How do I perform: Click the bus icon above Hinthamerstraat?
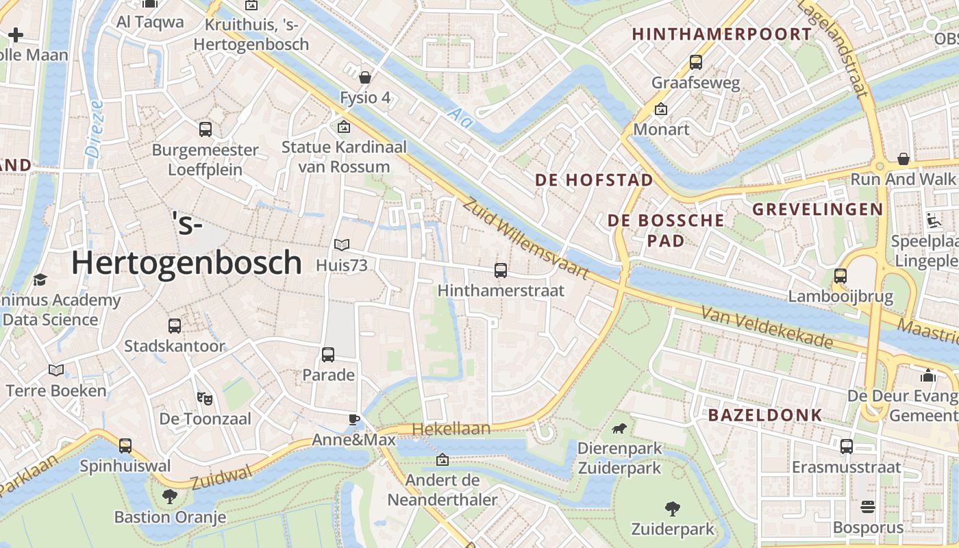tap(501, 270)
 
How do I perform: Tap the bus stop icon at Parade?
tap(328, 355)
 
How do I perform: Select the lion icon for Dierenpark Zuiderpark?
tap(619, 429)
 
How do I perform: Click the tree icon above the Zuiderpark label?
tap(672, 508)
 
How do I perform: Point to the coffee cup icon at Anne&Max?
tap(353, 419)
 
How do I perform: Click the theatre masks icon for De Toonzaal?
tap(203, 397)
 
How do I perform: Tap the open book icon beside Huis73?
tap(341, 245)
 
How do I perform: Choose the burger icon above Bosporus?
tap(868, 508)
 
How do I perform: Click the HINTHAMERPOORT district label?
tap(721, 34)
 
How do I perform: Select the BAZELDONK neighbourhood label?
tap(764, 414)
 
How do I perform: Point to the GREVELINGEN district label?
tap(818, 209)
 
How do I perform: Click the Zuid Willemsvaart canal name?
tap(525, 238)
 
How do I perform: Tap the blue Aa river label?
tap(462, 117)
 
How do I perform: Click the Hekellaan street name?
tap(456, 429)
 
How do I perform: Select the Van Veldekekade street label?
tap(767, 327)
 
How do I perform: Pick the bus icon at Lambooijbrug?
tap(840, 275)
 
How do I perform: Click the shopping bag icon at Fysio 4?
tap(365, 77)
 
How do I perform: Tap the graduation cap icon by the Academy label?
tap(40, 279)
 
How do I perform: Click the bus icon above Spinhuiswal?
tap(125, 445)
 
